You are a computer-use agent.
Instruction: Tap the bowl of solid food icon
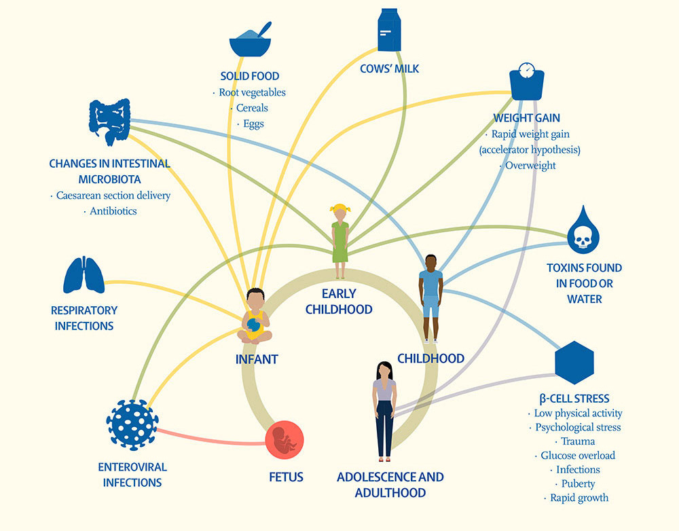coord(251,41)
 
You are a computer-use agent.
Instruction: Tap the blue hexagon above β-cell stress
coord(574,363)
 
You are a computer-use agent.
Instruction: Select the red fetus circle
coord(285,440)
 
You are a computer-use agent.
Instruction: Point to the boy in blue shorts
coord(430,297)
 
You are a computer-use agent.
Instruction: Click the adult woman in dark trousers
coord(384,409)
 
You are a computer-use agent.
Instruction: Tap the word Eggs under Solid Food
coord(253,124)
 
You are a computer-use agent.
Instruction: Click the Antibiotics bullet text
coord(113,211)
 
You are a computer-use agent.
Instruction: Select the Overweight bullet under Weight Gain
coord(530,165)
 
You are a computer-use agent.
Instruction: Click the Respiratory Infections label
coord(84,318)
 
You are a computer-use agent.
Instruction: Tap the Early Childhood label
coord(339,301)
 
